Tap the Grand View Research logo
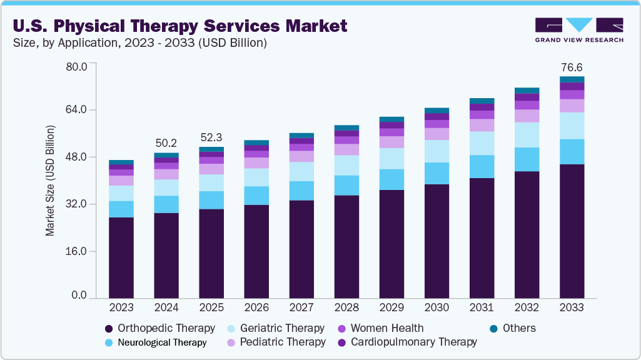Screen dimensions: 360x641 (x=578, y=29)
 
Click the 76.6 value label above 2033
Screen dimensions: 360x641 (x=572, y=67)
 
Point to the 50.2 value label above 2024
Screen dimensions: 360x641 (x=166, y=143)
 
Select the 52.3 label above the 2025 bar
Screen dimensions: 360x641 (x=211, y=137)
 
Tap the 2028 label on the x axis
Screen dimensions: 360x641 (x=346, y=307)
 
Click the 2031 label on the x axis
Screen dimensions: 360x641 (x=482, y=307)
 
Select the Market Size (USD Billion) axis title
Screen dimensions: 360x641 (x=50, y=181)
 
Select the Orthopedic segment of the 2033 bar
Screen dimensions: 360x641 (x=572, y=231)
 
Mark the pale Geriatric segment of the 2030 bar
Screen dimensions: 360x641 (x=437, y=151)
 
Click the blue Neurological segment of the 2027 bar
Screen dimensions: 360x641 (x=301, y=191)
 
